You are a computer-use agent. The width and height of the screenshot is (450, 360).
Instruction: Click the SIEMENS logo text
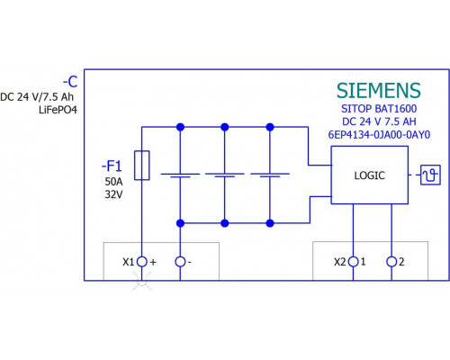379,90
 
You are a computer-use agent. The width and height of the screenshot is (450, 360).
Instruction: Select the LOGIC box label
369,175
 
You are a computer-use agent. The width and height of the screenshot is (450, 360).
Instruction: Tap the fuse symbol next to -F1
142,166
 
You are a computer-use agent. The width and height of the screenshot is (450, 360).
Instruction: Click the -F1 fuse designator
112,166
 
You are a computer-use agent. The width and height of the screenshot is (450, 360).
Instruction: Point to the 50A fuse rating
113,182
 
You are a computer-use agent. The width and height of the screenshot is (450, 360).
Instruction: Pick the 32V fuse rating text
113,194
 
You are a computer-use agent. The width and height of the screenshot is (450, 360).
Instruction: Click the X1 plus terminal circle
142,262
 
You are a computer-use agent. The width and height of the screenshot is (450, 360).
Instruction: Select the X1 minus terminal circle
180,262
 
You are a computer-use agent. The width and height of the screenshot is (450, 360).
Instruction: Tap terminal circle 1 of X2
353,262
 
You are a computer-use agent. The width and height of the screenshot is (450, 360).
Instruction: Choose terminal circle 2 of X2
391,262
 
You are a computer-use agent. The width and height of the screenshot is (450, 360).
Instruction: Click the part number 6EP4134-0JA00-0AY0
379,135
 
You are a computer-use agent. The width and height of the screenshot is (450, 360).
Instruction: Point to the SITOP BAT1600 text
379,109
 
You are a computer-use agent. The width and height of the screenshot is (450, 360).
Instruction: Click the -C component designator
70,82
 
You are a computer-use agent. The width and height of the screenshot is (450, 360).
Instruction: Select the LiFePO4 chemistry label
58,110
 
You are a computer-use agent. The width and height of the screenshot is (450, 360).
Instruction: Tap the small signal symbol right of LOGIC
430,175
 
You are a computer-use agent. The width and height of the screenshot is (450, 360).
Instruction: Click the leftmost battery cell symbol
180,175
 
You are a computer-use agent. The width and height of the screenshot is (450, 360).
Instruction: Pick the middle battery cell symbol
225,175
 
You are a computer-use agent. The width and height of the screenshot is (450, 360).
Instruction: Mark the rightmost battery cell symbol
270,175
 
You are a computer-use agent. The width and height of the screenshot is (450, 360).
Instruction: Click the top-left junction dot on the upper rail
180,127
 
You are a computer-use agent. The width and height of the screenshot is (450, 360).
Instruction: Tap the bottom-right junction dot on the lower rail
270,223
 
